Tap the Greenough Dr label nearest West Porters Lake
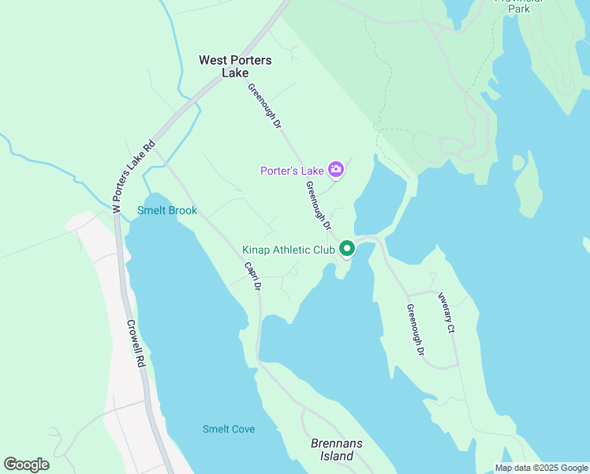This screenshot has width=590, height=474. tap(264, 106)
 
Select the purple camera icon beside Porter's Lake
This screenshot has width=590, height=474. tap(336, 169)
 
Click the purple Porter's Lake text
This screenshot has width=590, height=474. tap(293, 171)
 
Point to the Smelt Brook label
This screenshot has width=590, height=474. tap(167, 211)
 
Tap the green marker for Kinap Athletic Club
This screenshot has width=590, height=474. tap(347, 250)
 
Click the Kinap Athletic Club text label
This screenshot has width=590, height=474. tap(289, 250)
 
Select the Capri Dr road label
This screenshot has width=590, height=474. tap(252, 276)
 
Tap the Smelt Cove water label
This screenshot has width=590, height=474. tap(229, 429)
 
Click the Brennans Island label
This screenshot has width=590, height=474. tap(336, 450)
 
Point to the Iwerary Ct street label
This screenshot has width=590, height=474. tap(446, 312)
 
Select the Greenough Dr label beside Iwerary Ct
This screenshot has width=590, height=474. tap(416, 329)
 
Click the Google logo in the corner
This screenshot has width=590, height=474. tap(26, 464)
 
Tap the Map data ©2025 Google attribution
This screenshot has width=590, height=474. tap(541, 468)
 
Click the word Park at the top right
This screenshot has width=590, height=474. tap(519, 9)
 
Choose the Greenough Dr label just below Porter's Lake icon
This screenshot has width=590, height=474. tap(318, 205)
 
